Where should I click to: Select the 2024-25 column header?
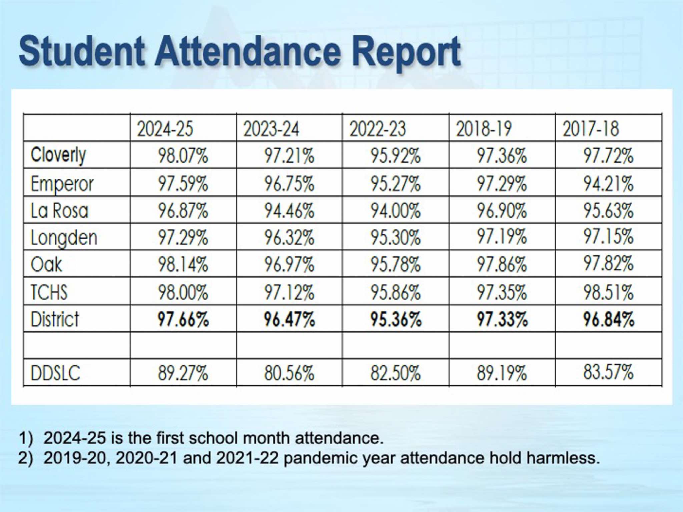click(x=165, y=129)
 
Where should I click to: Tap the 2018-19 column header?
click(x=484, y=129)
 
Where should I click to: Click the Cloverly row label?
click(x=58, y=155)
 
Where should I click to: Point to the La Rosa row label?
click(x=59, y=211)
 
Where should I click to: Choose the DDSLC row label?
click(x=55, y=373)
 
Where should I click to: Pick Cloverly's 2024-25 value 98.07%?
click(x=183, y=156)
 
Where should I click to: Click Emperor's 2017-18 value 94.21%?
click(x=608, y=184)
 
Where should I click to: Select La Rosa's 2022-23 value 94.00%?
click(x=396, y=211)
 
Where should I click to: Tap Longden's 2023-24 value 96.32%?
click(x=289, y=238)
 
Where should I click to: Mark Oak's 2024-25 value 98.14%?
click(x=183, y=265)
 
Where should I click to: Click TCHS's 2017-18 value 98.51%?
click(x=608, y=292)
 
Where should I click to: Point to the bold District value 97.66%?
click(x=183, y=319)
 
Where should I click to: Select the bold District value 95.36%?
click(x=396, y=319)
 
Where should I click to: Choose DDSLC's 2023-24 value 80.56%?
click(x=289, y=373)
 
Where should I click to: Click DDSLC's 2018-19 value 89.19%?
click(x=502, y=373)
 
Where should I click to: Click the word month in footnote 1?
click(x=266, y=438)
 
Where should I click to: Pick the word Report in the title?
click(x=406, y=52)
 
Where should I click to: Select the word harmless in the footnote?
click(x=561, y=458)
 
